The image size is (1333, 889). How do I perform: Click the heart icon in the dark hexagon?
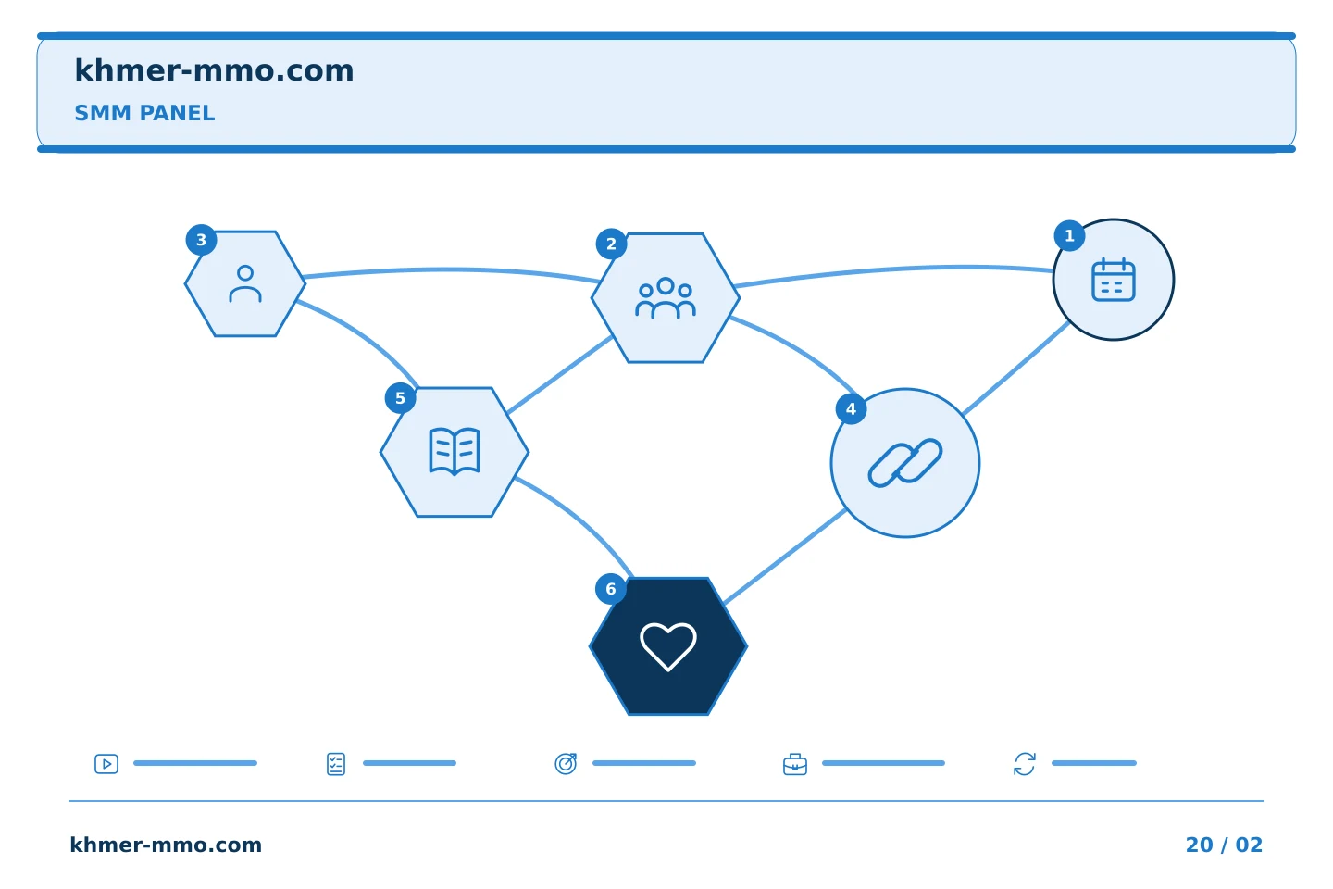pos(667,646)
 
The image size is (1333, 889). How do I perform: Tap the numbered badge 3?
pos(201,240)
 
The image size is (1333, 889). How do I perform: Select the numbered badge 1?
pos(1069,236)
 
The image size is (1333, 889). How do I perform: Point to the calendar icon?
pos(1114,280)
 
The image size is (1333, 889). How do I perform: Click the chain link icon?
pos(905,463)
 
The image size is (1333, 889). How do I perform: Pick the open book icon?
pos(455,451)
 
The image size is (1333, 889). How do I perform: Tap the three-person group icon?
pos(666,298)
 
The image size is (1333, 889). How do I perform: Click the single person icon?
pos(245,284)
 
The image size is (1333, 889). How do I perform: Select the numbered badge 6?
pos(611,589)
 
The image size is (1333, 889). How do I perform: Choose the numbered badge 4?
pos(851,409)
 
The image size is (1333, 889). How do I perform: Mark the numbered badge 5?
pos(401,398)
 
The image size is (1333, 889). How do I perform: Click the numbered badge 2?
pos(611,244)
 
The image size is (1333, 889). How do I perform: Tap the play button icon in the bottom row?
pos(106,764)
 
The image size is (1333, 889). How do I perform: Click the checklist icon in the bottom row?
pos(336,764)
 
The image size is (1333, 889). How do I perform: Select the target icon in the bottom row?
pos(566,763)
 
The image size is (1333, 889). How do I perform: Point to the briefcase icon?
pos(795,764)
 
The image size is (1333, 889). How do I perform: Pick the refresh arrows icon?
pos(1025,764)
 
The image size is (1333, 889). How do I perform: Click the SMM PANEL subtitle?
pos(144,113)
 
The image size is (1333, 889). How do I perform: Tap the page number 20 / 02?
pos(1224,845)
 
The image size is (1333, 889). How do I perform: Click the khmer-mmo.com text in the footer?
pos(166,845)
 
